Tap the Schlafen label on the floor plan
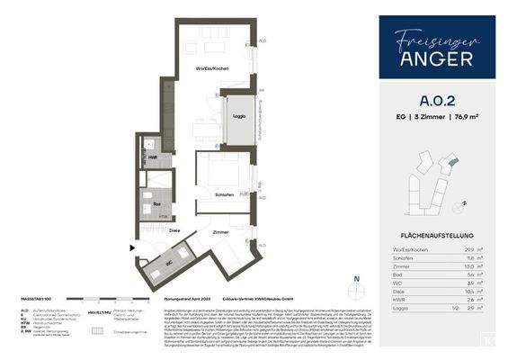[x=224, y=193]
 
